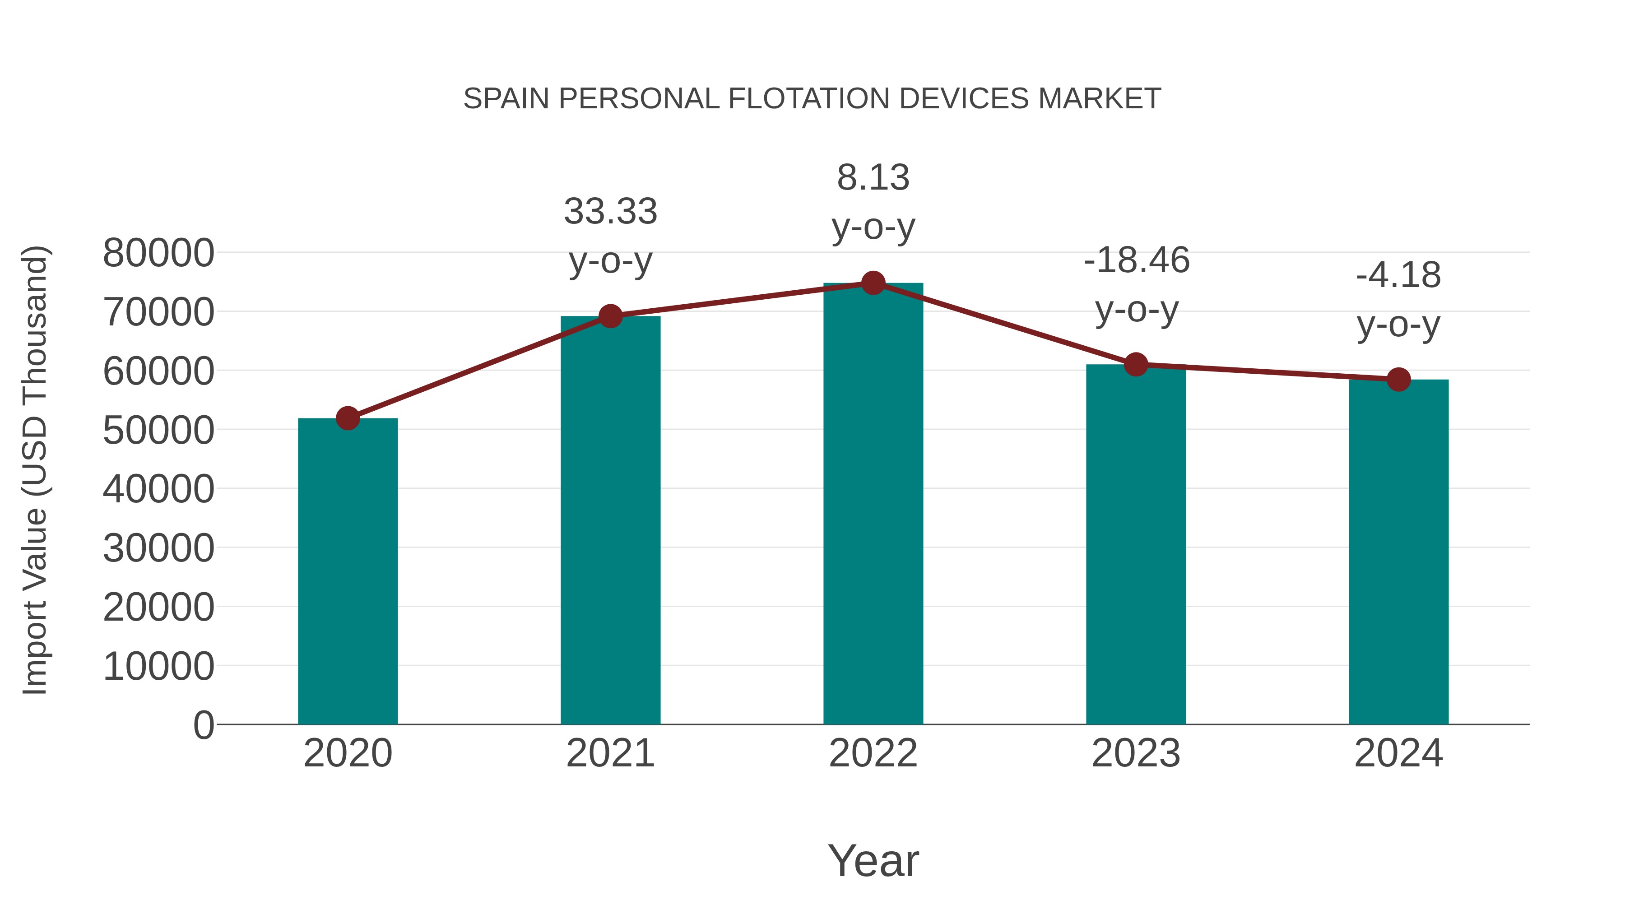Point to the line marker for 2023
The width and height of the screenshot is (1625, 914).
tap(1136, 365)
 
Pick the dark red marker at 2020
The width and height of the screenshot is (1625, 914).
tap(348, 418)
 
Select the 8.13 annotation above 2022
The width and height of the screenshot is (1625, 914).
tap(873, 178)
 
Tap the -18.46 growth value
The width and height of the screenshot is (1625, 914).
tap(1136, 260)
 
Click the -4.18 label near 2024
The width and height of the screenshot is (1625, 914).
tap(1398, 276)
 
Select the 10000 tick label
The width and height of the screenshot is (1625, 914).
tap(158, 667)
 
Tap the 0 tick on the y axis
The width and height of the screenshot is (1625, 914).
tap(203, 725)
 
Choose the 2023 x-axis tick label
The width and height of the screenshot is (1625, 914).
tap(1136, 753)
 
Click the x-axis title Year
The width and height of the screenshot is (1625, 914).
tap(873, 860)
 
